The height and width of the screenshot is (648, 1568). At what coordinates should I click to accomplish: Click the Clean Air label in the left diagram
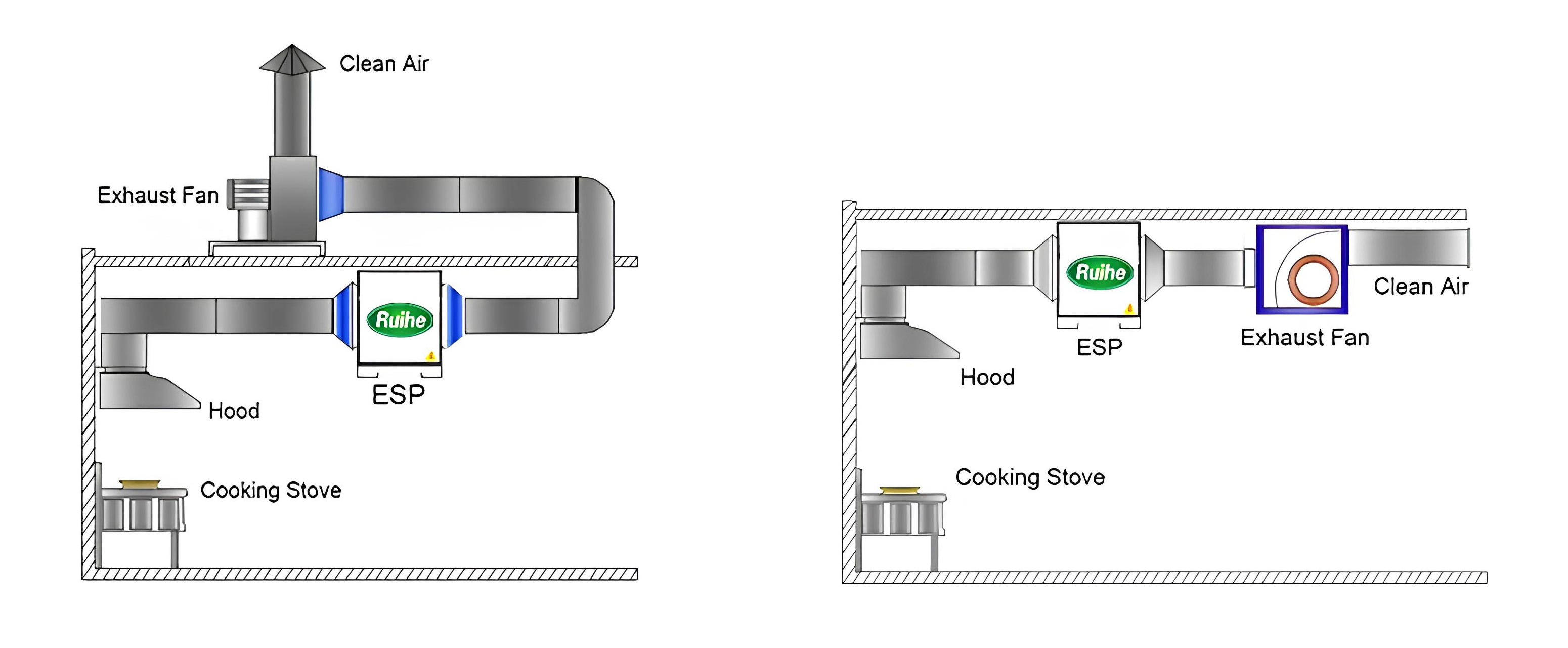point(384,64)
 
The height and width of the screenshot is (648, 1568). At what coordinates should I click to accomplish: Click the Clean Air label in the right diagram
point(1421,286)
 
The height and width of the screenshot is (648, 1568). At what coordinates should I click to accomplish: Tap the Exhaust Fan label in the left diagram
point(158,195)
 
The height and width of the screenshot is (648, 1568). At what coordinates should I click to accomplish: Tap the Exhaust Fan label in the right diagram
point(1305,337)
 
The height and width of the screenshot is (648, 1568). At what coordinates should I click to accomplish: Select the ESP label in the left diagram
point(399,395)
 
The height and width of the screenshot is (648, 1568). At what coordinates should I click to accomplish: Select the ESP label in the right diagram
point(1099,347)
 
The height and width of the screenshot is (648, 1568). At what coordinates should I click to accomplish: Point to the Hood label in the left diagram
point(234,411)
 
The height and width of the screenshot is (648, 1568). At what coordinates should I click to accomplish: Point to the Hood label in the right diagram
point(987,378)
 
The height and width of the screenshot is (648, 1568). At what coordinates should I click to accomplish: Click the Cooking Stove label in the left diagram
point(271,490)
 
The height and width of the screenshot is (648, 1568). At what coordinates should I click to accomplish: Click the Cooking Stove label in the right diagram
point(1030,477)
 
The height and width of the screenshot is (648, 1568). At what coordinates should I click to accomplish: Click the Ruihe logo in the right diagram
point(1100,272)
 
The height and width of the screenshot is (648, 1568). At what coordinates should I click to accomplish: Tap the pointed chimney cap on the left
point(292,60)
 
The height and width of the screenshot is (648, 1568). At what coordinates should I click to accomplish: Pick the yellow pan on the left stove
point(140,484)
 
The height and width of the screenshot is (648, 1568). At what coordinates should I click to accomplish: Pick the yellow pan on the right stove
point(900,490)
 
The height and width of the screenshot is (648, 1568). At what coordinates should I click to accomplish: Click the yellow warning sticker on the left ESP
point(431,356)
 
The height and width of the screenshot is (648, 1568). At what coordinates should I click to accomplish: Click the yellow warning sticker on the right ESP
point(1130,309)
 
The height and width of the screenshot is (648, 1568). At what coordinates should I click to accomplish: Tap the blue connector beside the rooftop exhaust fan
point(330,194)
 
